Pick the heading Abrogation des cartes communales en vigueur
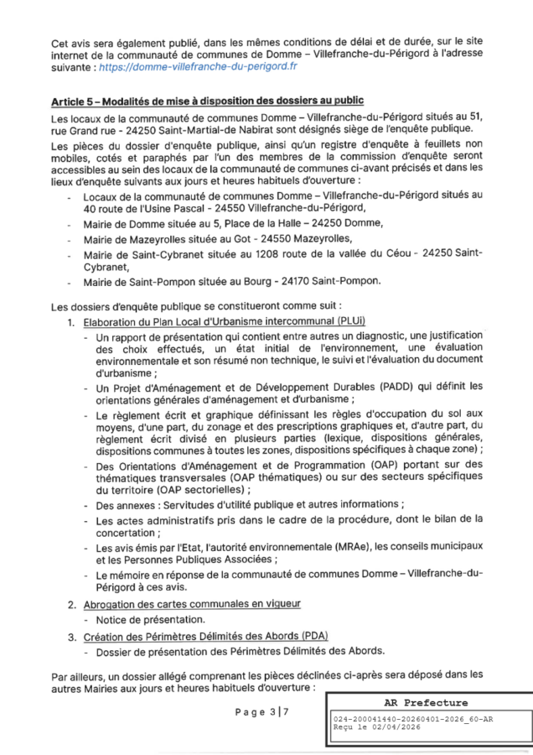click(185, 603)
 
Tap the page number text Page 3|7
click(261, 712)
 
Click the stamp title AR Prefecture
click(428, 703)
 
